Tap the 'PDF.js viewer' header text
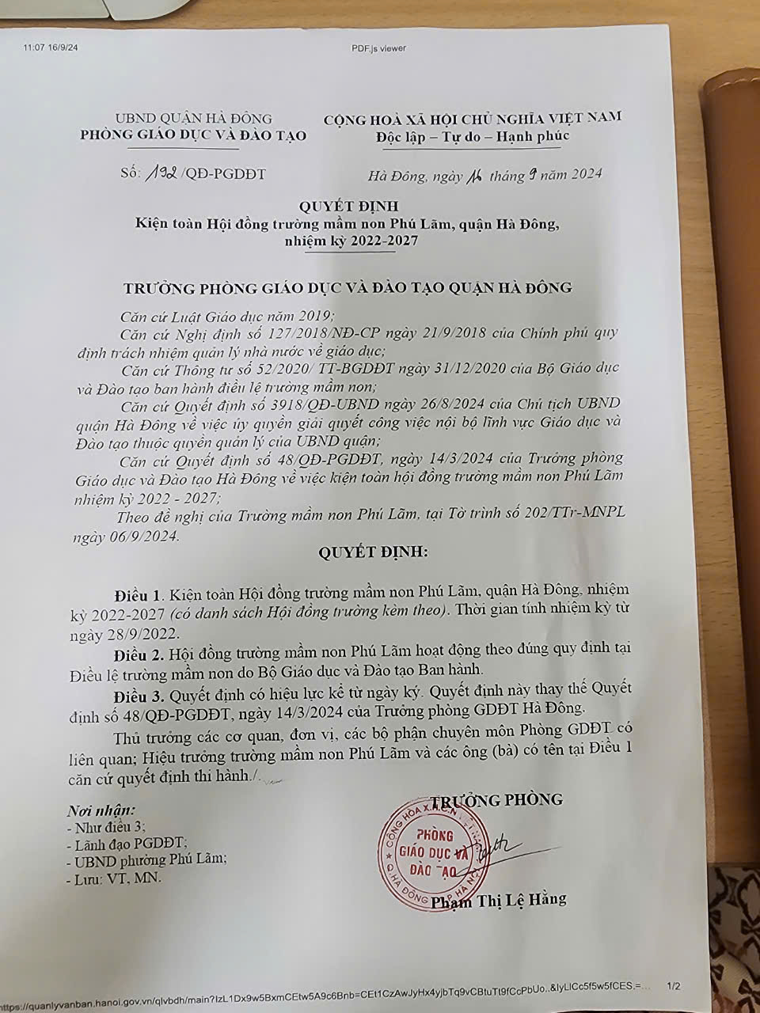coord(378,48)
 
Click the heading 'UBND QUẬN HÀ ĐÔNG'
coord(193,119)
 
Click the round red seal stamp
coord(432,856)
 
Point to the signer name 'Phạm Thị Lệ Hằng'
coord(500,899)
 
